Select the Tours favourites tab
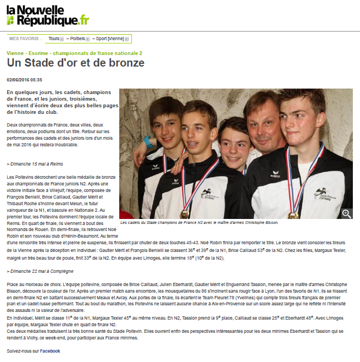pos(53,39)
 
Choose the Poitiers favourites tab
pos(78,39)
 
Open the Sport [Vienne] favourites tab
pos(109,39)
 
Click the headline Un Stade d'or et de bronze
pos(75,63)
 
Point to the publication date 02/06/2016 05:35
pos(24,80)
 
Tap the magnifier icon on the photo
pos(347,213)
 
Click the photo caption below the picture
pos(199,223)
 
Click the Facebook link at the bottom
pos(49,350)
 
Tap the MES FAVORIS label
pos(25,39)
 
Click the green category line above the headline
pos(74,53)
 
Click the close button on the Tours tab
pos(62,39)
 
